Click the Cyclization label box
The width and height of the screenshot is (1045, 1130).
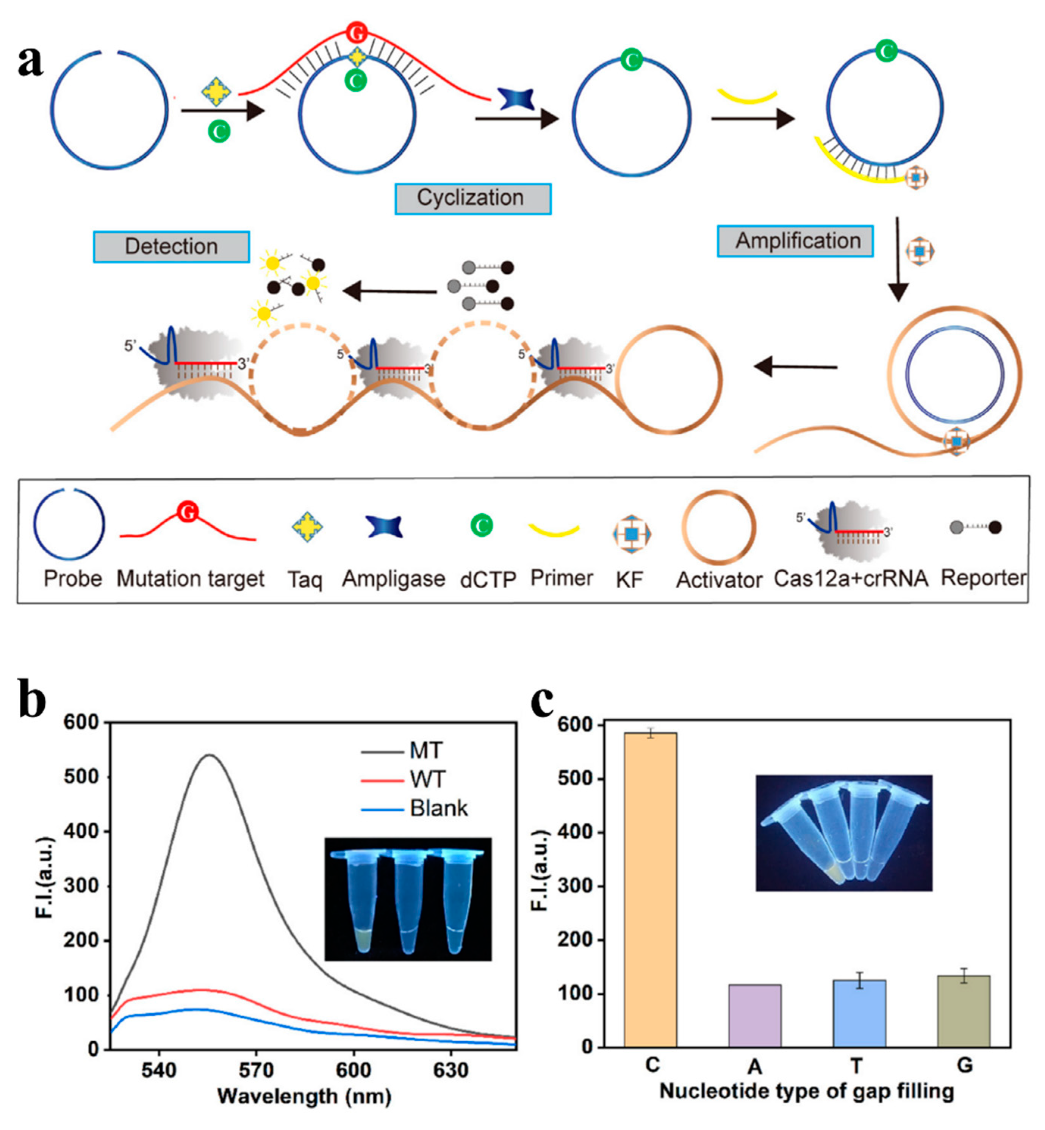[473, 199]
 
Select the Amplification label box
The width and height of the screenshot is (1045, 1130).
[795, 241]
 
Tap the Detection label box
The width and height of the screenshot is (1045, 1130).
[171, 247]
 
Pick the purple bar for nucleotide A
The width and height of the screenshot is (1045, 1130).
[755, 1015]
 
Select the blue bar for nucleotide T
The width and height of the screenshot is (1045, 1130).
[859, 1013]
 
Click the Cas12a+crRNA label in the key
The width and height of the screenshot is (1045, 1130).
[851, 579]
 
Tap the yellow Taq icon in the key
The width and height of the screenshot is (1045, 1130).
[307, 527]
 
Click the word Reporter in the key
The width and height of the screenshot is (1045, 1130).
[983, 578]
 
